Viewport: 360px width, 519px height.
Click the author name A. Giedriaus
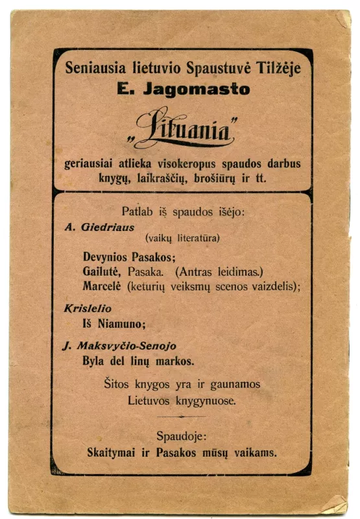point(99,227)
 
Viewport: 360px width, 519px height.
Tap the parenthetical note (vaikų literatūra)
point(182,239)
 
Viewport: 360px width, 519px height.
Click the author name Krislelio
point(88,309)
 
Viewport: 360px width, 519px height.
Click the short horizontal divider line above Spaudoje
point(182,416)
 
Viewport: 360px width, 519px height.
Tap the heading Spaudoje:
point(182,436)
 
